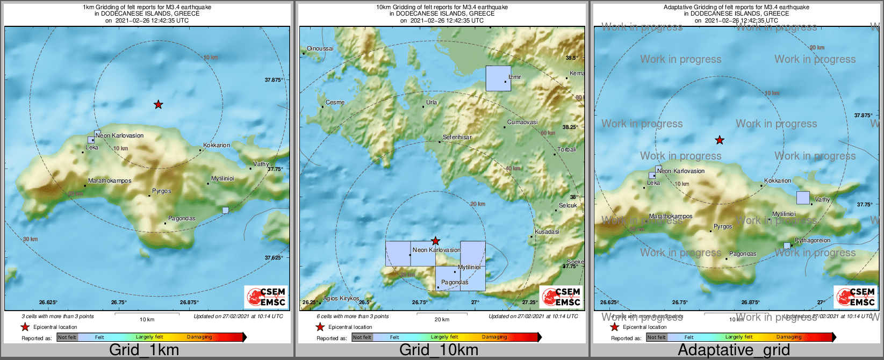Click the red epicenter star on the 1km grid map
(158, 104)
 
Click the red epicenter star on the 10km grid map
(436, 241)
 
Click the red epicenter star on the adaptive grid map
(720, 140)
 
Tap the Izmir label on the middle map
(515, 77)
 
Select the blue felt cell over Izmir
(498, 78)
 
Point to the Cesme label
(335, 102)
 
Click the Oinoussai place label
(320, 48)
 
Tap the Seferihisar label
(457, 137)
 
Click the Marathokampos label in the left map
(110, 181)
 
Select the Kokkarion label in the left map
(217, 145)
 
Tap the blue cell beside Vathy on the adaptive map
(803, 198)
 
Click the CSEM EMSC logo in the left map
(266, 297)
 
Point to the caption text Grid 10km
(439, 350)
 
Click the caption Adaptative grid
(734, 350)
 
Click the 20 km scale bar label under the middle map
(442, 319)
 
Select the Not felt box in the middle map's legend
(362, 337)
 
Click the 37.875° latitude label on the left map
(274, 80)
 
